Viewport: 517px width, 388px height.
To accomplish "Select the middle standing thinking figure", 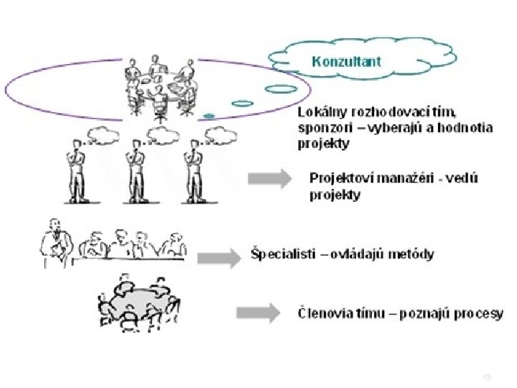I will pyautogui.click(x=133, y=169).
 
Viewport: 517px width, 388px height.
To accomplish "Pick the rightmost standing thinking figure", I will pyautogui.click(x=190, y=169).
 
